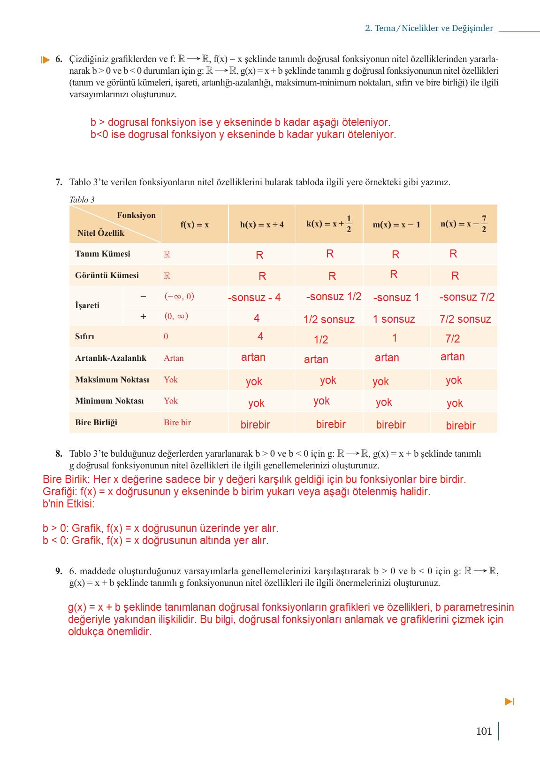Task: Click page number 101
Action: point(484,731)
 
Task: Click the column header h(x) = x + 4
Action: point(262,225)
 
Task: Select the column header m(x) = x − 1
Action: point(396,225)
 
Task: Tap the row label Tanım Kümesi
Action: point(103,254)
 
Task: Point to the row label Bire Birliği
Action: point(96,422)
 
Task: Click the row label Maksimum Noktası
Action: point(112,380)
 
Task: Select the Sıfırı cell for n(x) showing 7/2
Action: point(452,339)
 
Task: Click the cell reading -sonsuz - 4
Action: point(254,297)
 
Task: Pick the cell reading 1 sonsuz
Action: point(394,319)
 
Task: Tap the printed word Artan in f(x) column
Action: point(174,358)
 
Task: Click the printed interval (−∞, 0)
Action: point(179,296)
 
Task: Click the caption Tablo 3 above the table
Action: point(82,200)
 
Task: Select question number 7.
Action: point(59,182)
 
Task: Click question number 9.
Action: point(59,571)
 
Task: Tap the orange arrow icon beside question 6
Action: point(45,60)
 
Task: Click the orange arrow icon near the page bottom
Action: point(510,701)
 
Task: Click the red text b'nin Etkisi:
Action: point(68,504)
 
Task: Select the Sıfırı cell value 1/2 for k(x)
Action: point(321,340)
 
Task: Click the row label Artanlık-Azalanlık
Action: point(111,358)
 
